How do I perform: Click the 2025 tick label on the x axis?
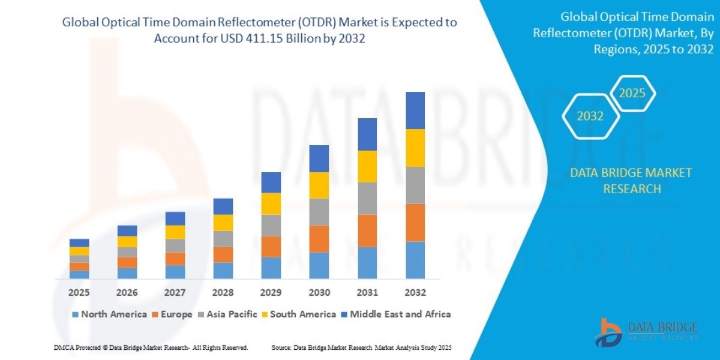(x=79, y=293)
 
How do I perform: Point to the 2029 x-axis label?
(x=271, y=293)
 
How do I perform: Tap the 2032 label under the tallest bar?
(x=415, y=293)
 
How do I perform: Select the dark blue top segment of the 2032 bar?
(x=415, y=110)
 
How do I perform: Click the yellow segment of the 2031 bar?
(x=367, y=166)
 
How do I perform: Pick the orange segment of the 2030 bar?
(x=319, y=239)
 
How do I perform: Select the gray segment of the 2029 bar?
(x=271, y=226)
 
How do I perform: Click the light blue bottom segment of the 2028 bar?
(x=223, y=271)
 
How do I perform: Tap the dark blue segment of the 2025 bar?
(x=79, y=243)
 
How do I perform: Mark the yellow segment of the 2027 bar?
(x=175, y=232)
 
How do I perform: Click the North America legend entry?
(x=109, y=314)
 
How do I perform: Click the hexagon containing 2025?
(x=632, y=94)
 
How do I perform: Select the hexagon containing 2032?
(x=590, y=116)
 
